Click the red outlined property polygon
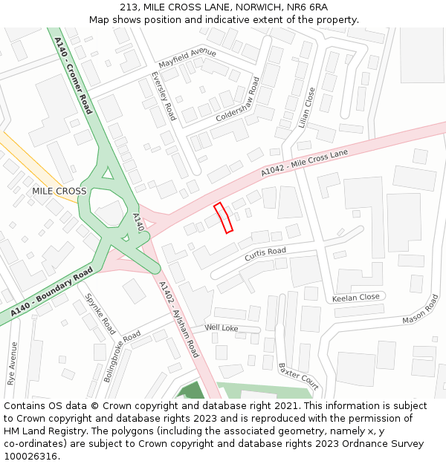pyautogui.click(x=224, y=218)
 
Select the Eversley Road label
pyautogui.click(x=163, y=97)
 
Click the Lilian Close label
pyautogui.click(x=307, y=108)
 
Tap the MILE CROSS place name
pyautogui.click(x=59, y=191)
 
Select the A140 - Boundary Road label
pyautogui.click(x=51, y=294)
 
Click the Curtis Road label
pyautogui.click(x=265, y=254)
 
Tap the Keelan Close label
pyautogui.click(x=355, y=297)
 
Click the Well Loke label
pyautogui.click(x=222, y=327)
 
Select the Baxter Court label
pyautogui.click(x=298, y=376)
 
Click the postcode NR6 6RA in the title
pyautogui.click(x=307, y=7)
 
